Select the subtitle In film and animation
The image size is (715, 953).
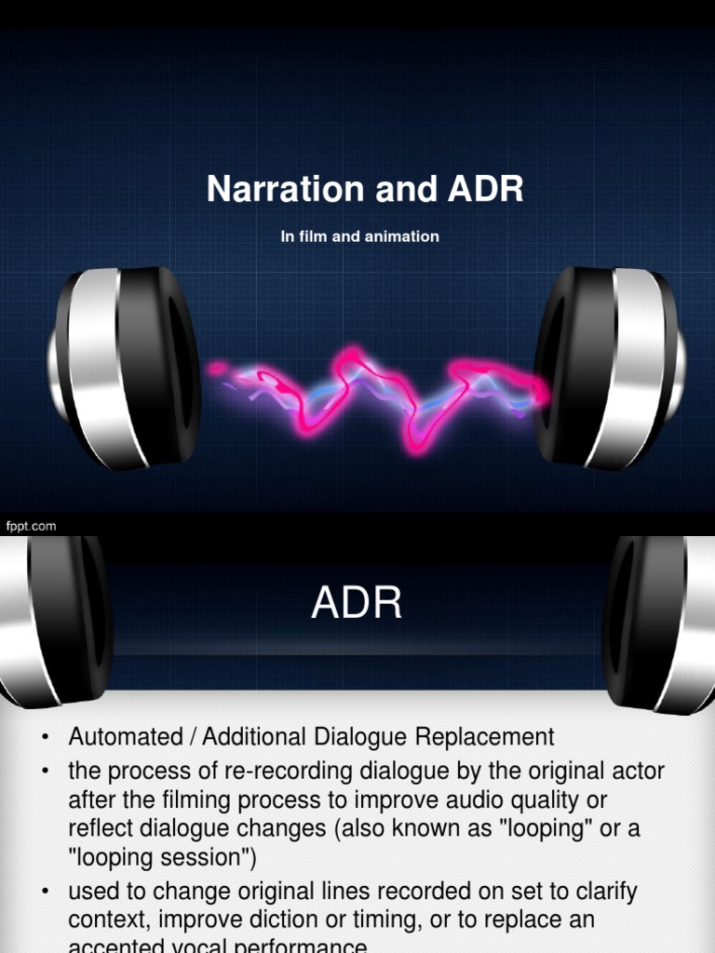(x=359, y=236)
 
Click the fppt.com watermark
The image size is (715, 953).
(x=32, y=526)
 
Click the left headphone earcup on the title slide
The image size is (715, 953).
(x=126, y=368)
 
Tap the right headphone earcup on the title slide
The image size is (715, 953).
(x=610, y=368)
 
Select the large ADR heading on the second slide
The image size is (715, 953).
(x=357, y=604)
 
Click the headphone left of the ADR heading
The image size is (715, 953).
(x=56, y=619)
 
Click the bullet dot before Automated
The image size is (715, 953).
(x=45, y=739)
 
